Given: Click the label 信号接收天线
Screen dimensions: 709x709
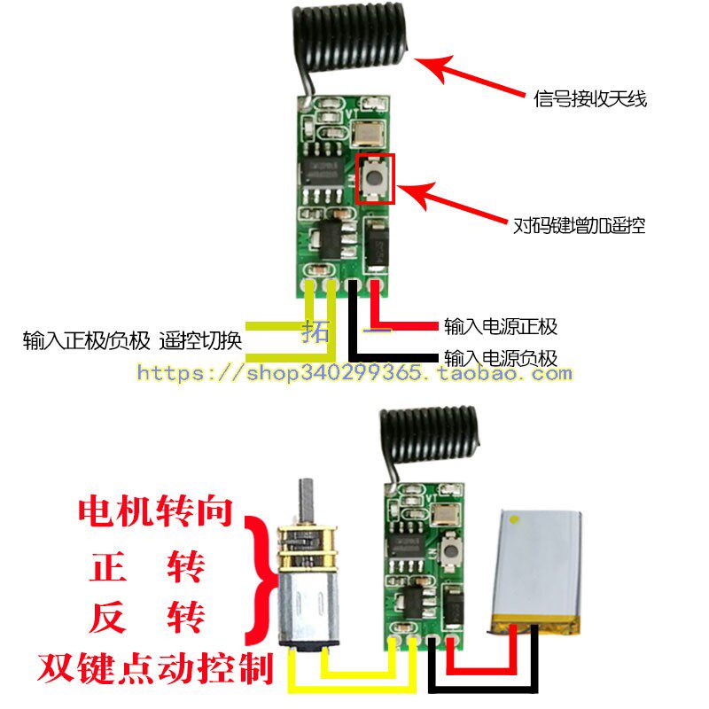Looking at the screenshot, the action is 590,98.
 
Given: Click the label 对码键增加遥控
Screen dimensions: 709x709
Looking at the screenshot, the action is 579,225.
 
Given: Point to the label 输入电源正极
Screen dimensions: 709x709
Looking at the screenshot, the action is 501,326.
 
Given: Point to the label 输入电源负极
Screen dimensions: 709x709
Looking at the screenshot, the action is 501,358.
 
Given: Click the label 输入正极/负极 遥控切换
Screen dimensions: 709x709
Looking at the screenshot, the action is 132,340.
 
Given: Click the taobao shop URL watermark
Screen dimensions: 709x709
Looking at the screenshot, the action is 354,373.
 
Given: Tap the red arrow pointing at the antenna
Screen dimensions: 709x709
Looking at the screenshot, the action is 470,75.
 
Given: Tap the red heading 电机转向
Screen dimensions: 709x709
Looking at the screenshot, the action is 156,511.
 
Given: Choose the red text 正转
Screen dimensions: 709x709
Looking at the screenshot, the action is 147,566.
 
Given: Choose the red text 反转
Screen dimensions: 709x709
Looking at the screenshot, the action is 147,617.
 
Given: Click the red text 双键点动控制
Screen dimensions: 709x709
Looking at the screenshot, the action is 156,667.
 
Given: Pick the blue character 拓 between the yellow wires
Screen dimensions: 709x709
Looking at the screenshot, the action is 316,331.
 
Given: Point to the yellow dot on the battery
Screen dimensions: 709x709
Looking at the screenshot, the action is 514,519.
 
